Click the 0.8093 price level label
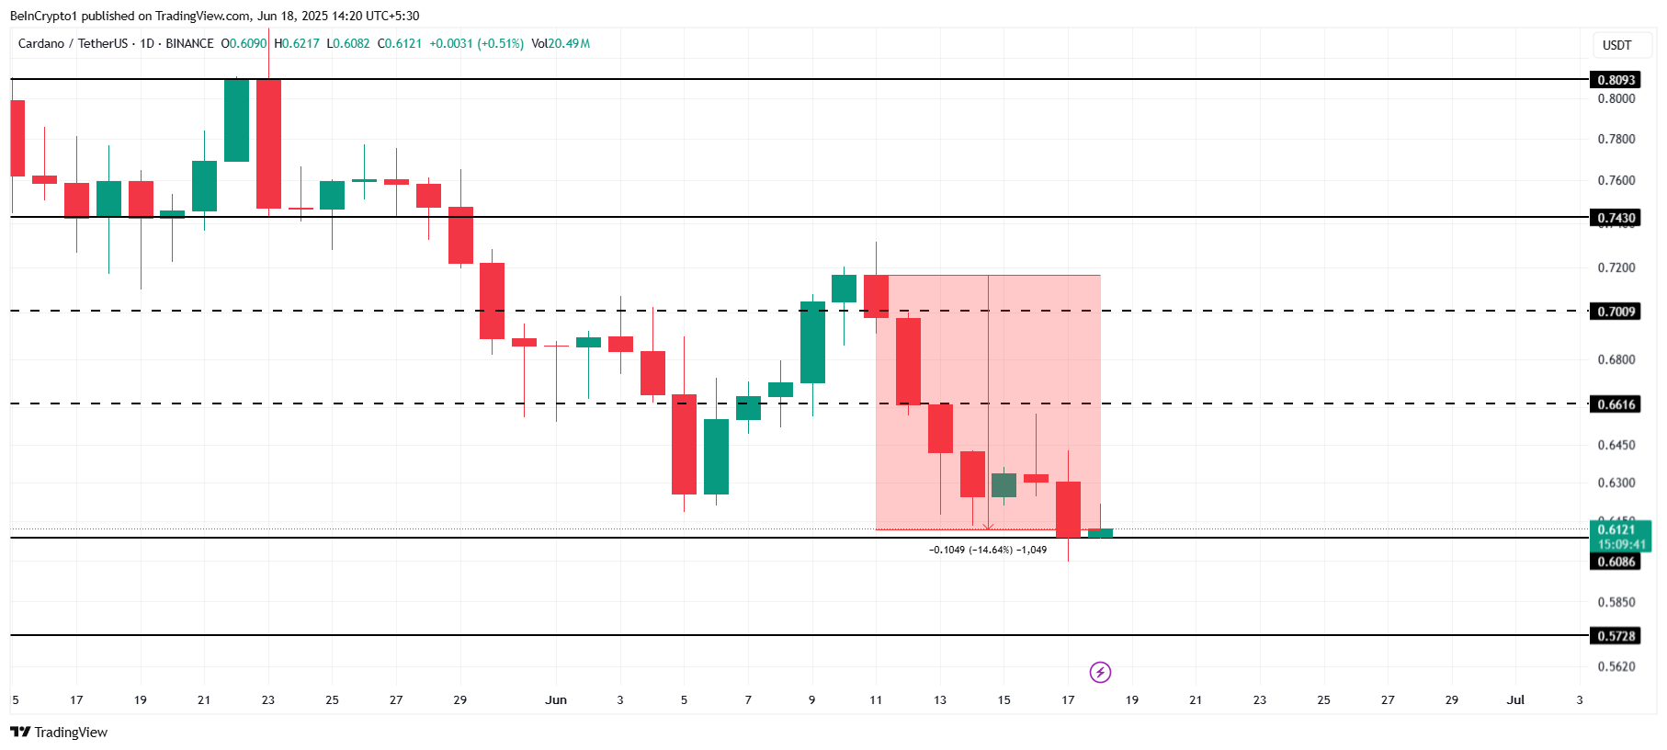tap(1616, 80)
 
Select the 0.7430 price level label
tap(1616, 218)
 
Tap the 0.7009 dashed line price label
tap(1616, 312)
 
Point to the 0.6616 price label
tap(1616, 404)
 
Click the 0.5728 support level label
tap(1616, 636)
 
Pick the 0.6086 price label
tap(1616, 562)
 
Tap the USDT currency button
tap(1616, 45)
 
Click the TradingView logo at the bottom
tap(59, 732)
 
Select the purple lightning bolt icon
tap(1100, 672)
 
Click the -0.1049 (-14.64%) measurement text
tap(987, 550)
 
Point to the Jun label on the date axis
tap(556, 699)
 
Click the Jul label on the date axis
tap(1515, 699)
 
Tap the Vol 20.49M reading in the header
tap(561, 43)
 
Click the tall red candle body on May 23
tap(268, 143)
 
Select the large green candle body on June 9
tap(812, 342)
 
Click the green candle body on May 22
tap(236, 120)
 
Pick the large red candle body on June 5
tap(684, 444)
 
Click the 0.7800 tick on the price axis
tap(1616, 139)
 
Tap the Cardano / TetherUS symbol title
tap(73, 43)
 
